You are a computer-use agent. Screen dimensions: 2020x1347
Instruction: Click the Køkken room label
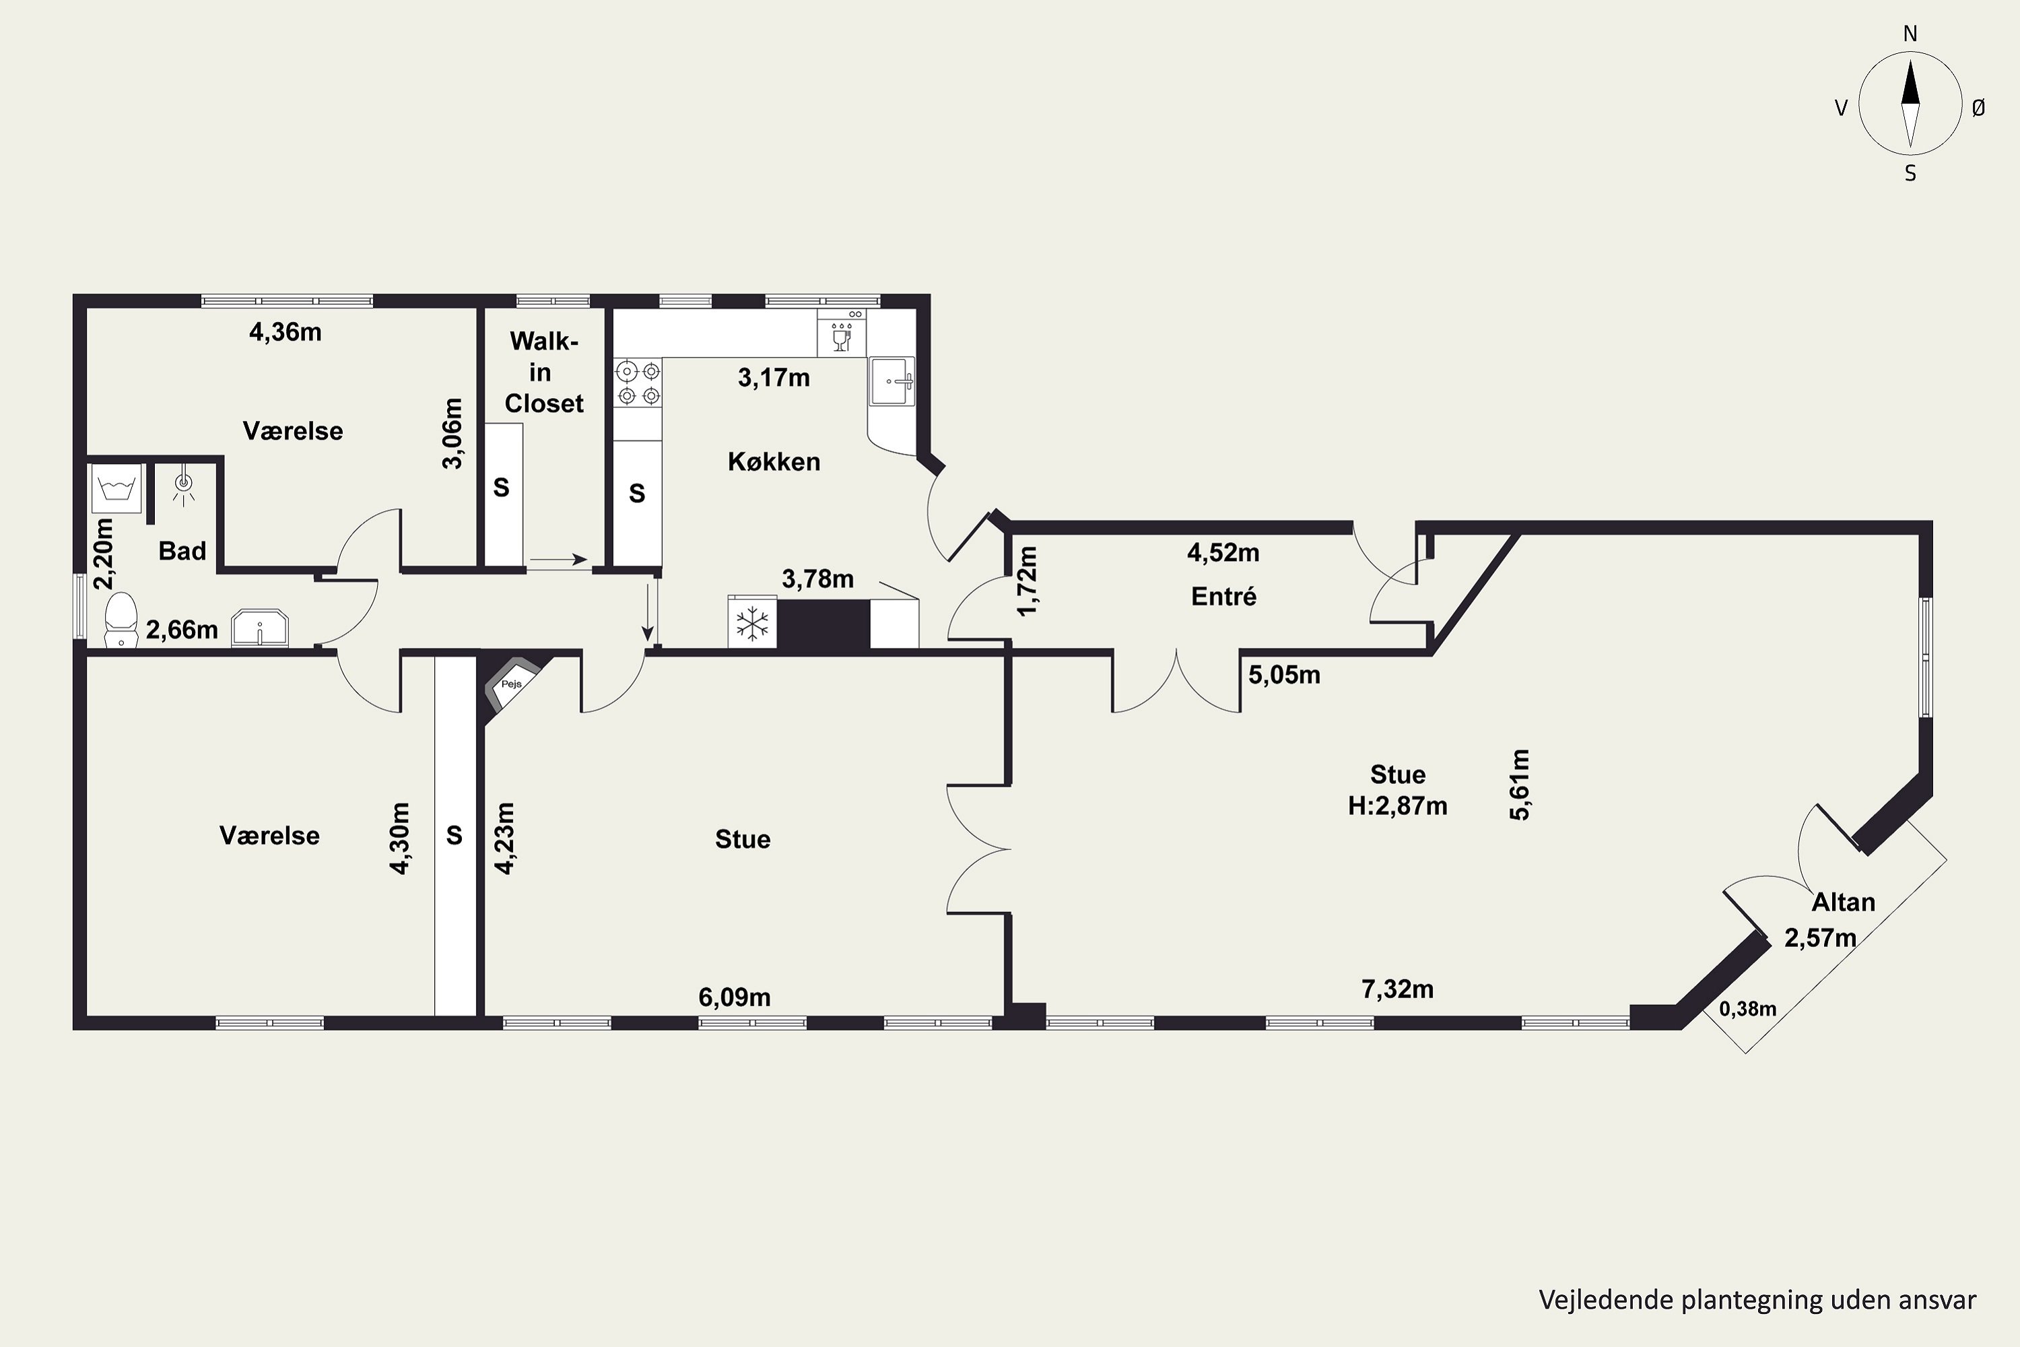tap(774, 462)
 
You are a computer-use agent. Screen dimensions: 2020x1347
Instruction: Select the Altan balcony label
tap(1843, 902)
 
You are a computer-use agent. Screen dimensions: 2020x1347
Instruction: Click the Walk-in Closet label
tap(543, 372)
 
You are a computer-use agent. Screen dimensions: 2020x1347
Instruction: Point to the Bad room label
tap(182, 551)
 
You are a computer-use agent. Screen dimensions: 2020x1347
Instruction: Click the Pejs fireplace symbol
tap(512, 683)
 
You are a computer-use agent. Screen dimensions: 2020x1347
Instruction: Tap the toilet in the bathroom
tap(121, 618)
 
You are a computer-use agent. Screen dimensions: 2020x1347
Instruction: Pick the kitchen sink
tap(892, 381)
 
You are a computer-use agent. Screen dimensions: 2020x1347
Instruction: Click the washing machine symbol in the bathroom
tap(116, 488)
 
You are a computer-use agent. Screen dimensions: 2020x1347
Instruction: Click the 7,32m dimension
tap(1397, 989)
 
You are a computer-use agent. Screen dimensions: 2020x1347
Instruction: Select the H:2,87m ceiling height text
tap(1397, 806)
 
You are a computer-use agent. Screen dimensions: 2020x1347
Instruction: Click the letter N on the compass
tap(1910, 34)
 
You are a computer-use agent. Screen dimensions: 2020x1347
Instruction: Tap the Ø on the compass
tap(1979, 107)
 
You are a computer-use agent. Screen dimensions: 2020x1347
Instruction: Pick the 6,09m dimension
tap(735, 997)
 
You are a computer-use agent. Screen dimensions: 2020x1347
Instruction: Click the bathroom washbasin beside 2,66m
tap(260, 628)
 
